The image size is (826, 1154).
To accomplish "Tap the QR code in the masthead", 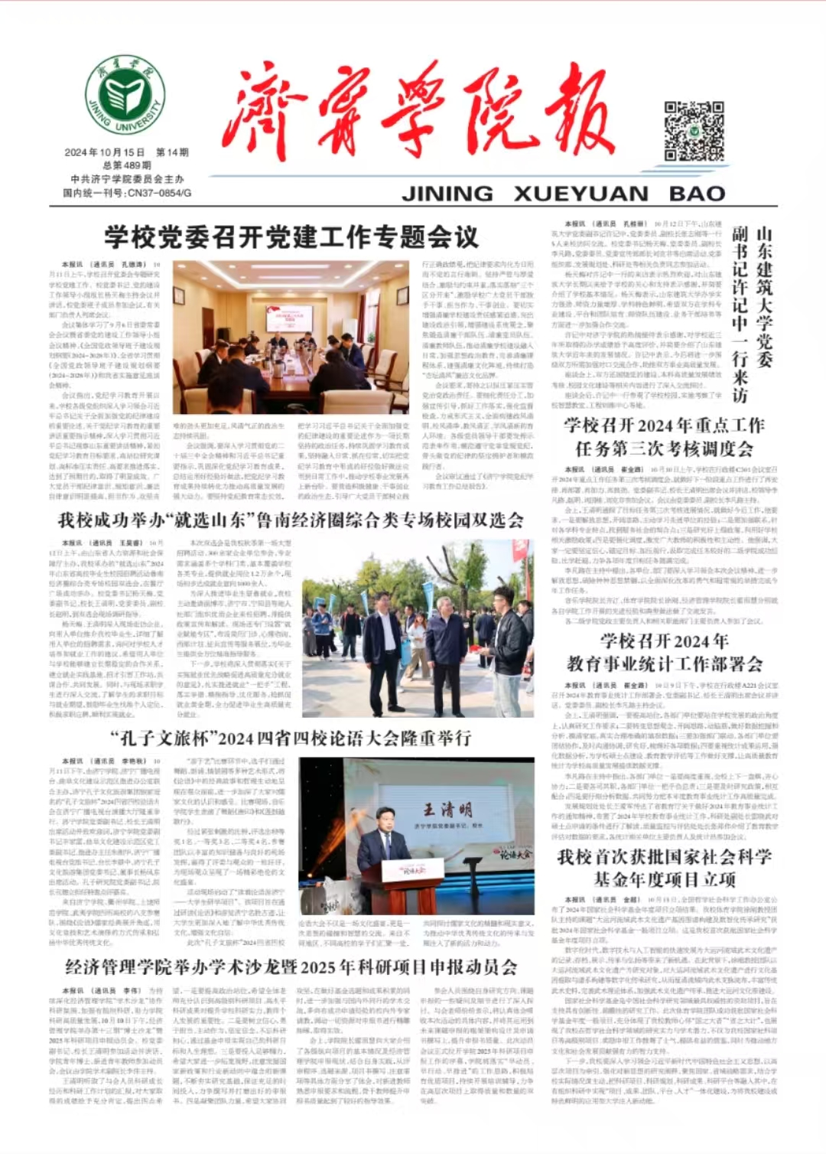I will [x=694, y=130].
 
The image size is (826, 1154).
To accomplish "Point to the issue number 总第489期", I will [x=126, y=165].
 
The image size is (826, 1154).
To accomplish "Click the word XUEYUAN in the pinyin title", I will [x=581, y=194].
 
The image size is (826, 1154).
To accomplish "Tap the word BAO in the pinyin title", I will [x=697, y=194].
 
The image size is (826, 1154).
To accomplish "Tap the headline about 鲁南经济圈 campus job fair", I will [x=291, y=521].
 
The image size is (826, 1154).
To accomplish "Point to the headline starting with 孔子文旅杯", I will [x=290, y=738].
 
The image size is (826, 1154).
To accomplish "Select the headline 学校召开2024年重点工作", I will [x=664, y=425].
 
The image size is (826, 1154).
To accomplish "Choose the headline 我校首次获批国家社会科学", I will [x=664, y=857].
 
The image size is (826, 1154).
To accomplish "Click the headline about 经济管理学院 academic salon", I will [x=291, y=967].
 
